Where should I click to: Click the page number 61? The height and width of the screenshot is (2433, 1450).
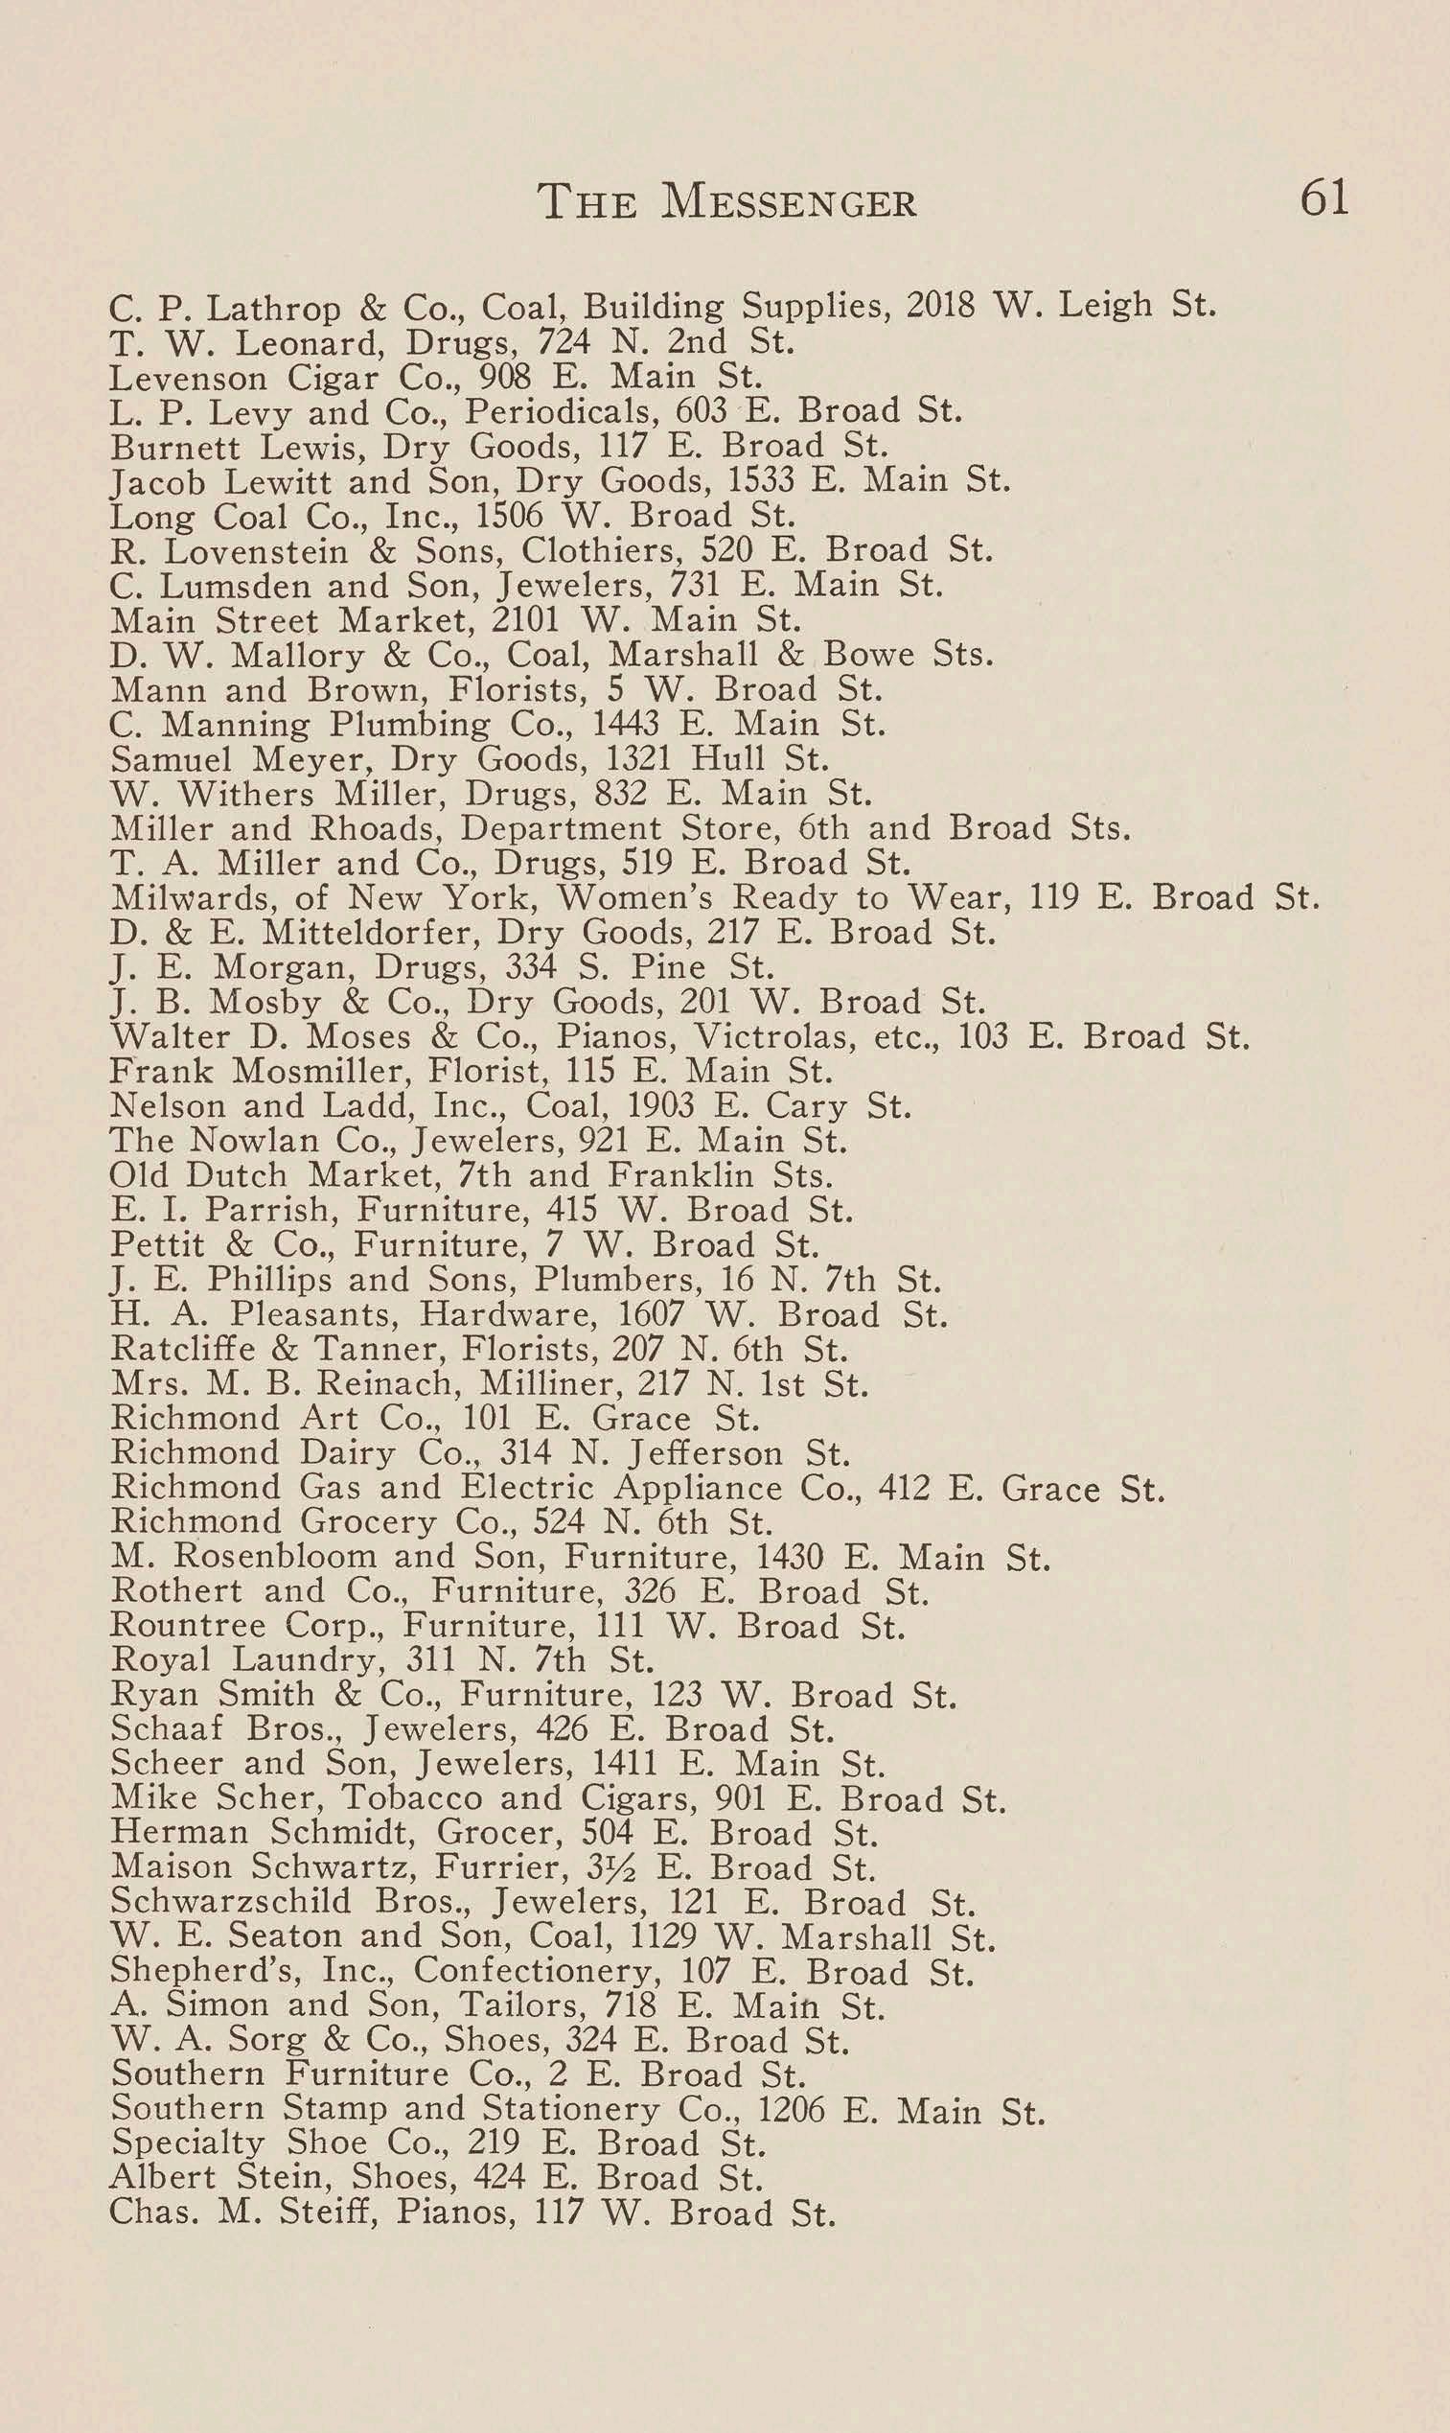coord(1323,198)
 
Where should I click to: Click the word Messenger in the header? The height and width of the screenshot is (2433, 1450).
coord(789,202)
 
